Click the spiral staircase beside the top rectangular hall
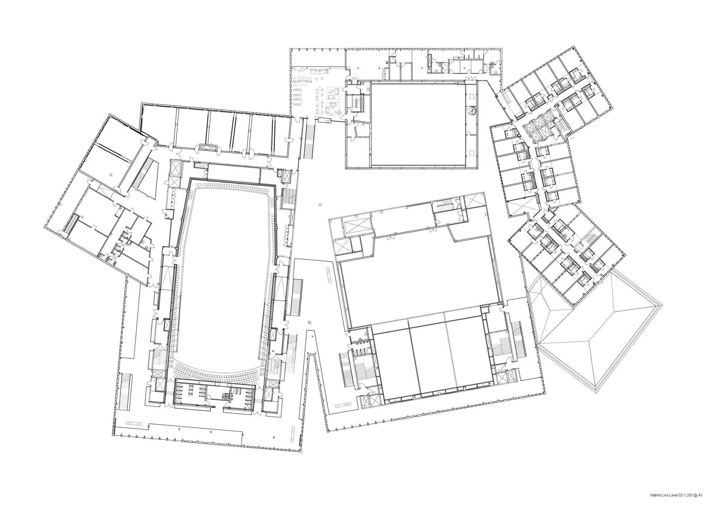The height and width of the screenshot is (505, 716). point(472,111)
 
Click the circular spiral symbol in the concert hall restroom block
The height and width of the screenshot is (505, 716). point(226,397)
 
